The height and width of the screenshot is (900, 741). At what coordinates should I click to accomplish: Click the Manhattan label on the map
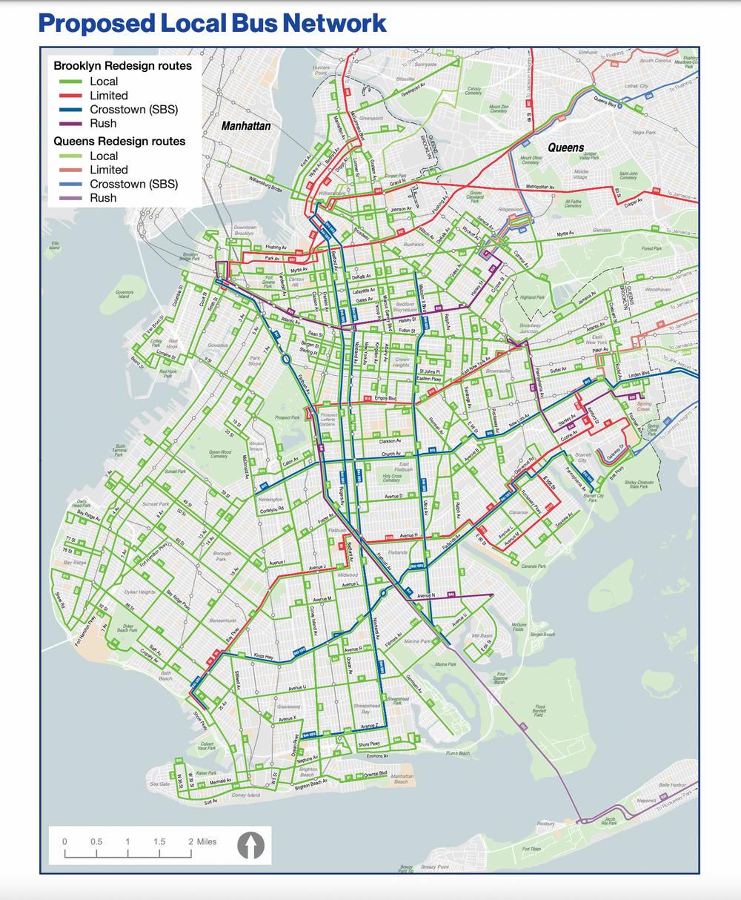click(x=246, y=126)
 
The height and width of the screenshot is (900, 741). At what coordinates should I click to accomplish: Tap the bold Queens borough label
click(x=565, y=148)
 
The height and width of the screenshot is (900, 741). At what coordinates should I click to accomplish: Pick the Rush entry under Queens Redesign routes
click(x=103, y=198)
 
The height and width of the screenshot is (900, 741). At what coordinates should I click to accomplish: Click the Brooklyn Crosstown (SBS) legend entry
click(x=133, y=110)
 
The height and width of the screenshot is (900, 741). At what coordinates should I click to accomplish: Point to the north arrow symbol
click(x=250, y=845)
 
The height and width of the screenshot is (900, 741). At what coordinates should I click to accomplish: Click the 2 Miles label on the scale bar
click(x=202, y=841)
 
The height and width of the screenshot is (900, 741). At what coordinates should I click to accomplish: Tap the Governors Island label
click(x=124, y=294)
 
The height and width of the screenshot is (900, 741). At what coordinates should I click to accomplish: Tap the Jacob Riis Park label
click(x=608, y=820)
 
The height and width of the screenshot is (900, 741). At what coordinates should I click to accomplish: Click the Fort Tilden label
click(x=532, y=850)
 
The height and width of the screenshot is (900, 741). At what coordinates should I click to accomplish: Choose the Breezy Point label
click(x=434, y=867)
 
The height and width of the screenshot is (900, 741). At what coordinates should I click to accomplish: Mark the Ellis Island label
click(x=55, y=245)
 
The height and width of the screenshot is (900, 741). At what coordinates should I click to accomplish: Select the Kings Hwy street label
click(x=263, y=657)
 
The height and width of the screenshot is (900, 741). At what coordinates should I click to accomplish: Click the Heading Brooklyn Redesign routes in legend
click(x=122, y=66)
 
